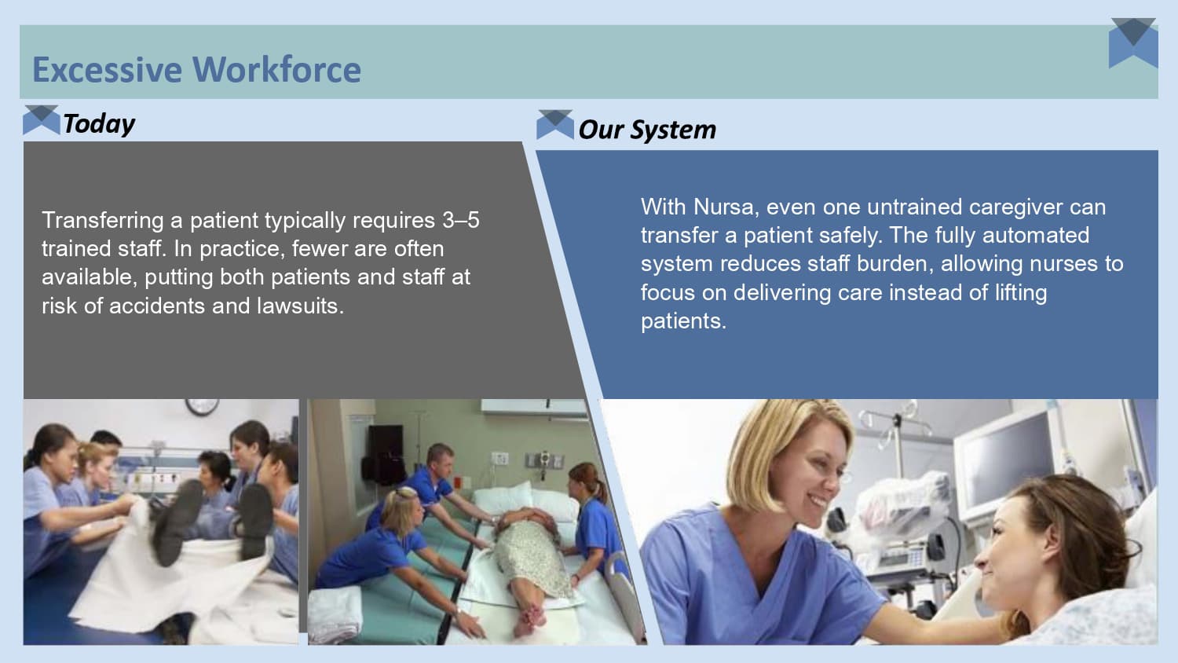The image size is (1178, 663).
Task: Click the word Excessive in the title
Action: (x=106, y=69)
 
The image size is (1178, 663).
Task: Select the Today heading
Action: (x=99, y=123)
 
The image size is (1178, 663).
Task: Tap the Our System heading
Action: (x=647, y=130)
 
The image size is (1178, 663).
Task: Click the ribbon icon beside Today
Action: (x=41, y=119)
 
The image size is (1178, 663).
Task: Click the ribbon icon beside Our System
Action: (x=554, y=125)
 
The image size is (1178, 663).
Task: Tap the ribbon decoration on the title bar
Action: (x=1133, y=42)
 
